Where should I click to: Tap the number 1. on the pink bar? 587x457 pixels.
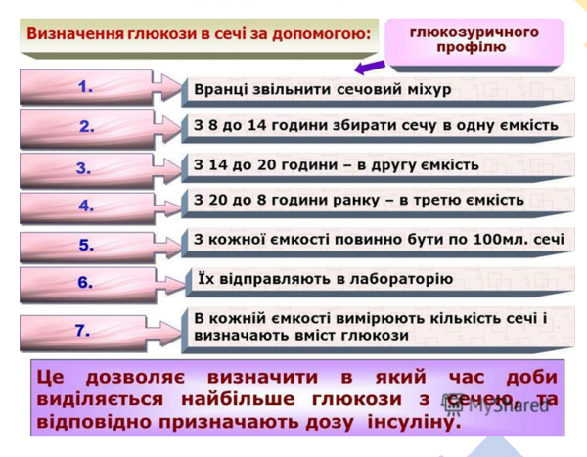(x=86, y=87)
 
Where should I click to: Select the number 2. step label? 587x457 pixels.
(x=87, y=126)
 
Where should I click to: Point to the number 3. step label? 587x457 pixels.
(x=83, y=167)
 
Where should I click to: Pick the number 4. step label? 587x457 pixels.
(x=86, y=206)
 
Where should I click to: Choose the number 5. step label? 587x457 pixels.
(x=86, y=246)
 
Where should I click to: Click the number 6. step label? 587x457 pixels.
(x=85, y=284)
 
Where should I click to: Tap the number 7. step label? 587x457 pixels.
(x=84, y=331)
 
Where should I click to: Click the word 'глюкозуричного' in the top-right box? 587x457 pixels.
(x=474, y=32)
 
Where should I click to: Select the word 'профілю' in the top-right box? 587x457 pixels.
(x=474, y=47)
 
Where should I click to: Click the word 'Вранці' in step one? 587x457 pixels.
(x=222, y=89)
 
